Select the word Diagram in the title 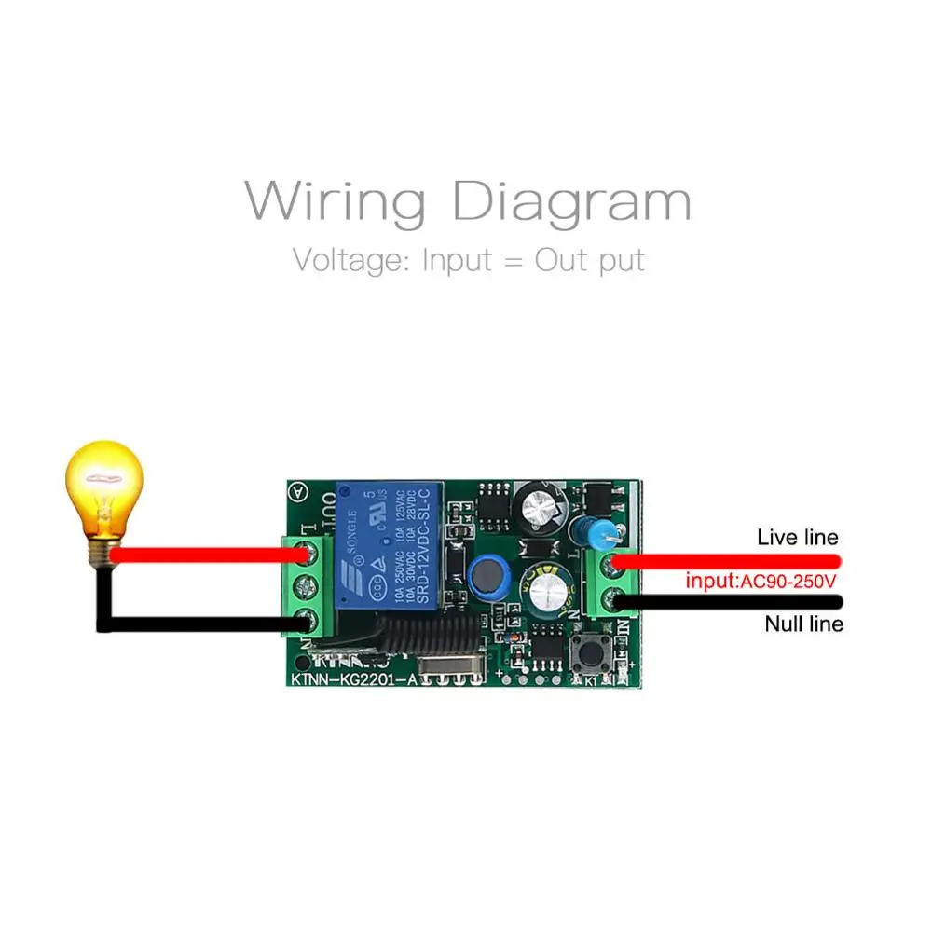coord(571,202)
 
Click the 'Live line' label coord(797,537)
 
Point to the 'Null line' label coord(803,624)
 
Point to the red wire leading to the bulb coord(205,555)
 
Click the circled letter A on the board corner coord(298,491)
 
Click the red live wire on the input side coord(727,560)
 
